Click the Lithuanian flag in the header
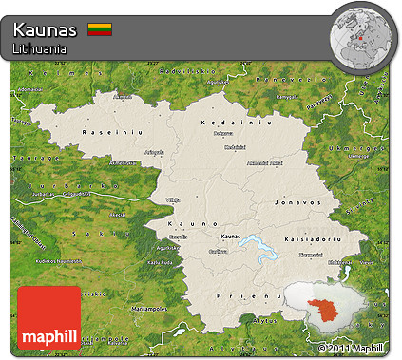[100, 30]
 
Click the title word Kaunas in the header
[46, 30]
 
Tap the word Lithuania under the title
[40, 47]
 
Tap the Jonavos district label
[290, 202]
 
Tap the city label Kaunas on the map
[230, 237]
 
